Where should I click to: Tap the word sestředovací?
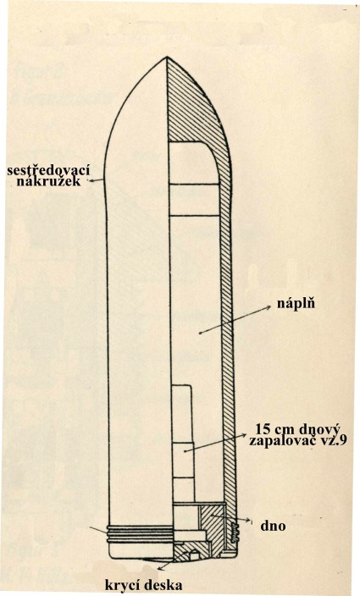pyautogui.click(x=48, y=170)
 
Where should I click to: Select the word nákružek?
pyautogui.click(x=48, y=181)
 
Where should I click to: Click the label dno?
pyautogui.click(x=273, y=526)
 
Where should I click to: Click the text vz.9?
pyautogui.click(x=335, y=441)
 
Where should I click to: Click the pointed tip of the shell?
pyautogui.click(x=167, y=57)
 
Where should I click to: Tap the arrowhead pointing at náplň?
pyautogui.click(x=269, y=307)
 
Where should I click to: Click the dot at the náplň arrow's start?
pyautogui.click(x=200, y=333)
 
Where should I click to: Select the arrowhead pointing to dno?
pyautogui.click(x=248, y=520)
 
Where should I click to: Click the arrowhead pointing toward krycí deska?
pyautogui.click(x=159, y=567)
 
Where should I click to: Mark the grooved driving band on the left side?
pyautogui.click(x=140, y=533)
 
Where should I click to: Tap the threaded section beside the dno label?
pyautogui.click(x=234, y=531)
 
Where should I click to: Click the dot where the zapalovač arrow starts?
pyautogui.click(x=186, y=450)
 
